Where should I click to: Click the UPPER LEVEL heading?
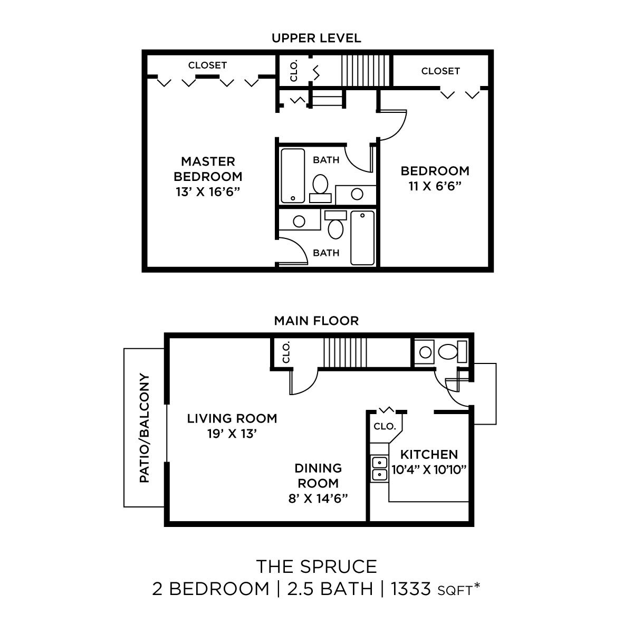(x=316, y=38)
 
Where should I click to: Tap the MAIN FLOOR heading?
(x=316, y=321)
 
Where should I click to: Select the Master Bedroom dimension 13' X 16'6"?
(x=208, y=191)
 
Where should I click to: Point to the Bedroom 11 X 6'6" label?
(x=435, y=186)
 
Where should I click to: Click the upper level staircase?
(x=365, y=69)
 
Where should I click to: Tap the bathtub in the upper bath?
(x=293, y=176)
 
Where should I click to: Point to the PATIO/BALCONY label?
(x=145, y=428)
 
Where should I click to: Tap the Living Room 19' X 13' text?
(x=232, y=426)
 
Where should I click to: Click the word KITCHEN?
(x=429, y=454)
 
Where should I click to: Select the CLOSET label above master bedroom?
(x=207, y=65)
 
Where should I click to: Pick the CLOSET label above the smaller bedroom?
(x=440, y=71)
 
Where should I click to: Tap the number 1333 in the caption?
(x=411, y=589)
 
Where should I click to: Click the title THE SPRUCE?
(x=316, y=567)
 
